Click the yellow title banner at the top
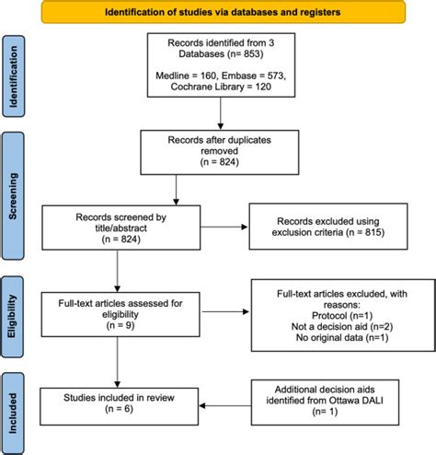tap(224, 12)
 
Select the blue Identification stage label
tap(14, 76)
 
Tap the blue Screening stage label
tap(13, 196)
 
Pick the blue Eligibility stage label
tap(12, 317)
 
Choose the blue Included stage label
tap(13, 414)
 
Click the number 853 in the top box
tap(252, 54)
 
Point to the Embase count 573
tap(274, 76)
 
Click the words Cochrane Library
tap(207, 87)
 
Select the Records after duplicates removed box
tap(220, 153)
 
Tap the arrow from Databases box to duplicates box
tap(220, 113)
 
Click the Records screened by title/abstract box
tap(121, 227)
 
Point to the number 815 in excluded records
tap(373, 232)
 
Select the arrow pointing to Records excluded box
tap(224, 227)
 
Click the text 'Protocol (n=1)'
tap(342, 316)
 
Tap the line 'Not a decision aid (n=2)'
tap(342, 327)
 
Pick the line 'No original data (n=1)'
tap(342, 338)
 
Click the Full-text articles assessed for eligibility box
tap(120, 314)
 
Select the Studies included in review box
tap(119, 406)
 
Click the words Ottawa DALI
tap(356, 401)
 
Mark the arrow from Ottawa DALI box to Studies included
tap(225, 405)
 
